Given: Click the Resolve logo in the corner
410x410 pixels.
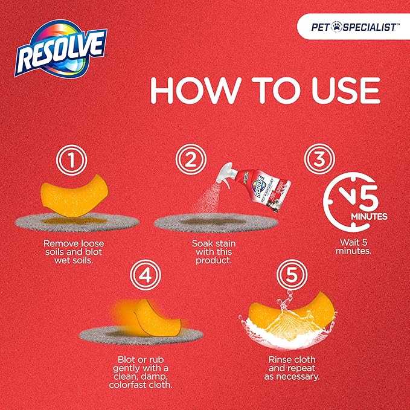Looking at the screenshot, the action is (x=60, y=49).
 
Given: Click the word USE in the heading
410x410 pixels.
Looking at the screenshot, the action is (x=346, y=91).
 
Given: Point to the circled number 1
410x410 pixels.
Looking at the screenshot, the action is (x=71, y=160).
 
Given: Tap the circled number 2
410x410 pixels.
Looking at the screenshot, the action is (x=191, y=159).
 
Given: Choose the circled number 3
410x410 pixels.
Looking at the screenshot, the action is (x=319, y=159).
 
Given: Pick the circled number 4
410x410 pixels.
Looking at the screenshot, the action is (x=146, y=275).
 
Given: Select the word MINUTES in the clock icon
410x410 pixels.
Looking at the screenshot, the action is (x=369, y=217).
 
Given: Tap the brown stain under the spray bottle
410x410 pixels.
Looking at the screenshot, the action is (x=213, y=222).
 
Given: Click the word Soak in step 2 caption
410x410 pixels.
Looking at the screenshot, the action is (x=202, y=244).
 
